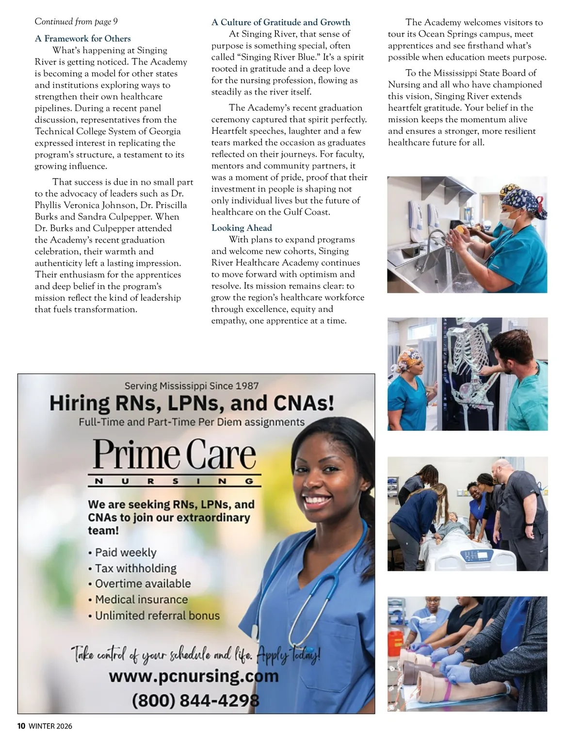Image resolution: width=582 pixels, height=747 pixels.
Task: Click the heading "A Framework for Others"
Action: tap(83, 39)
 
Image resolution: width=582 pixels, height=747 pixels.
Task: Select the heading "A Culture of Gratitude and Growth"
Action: tap(280, 22)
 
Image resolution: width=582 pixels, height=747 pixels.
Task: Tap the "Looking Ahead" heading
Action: tap(242, 228)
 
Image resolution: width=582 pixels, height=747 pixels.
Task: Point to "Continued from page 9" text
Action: tap(76, 21)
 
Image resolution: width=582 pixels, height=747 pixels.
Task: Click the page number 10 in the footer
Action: tap(21, 726)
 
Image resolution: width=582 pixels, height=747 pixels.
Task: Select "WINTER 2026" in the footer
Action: tap(50, 726)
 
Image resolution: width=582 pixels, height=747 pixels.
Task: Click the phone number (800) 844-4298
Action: tap(195, 700)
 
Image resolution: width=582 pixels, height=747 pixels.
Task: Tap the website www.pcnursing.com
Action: tap(194, 676)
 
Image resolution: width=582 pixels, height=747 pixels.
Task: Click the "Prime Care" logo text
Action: tap(175, 455)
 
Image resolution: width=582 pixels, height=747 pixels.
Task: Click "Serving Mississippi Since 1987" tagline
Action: tap(192, 386)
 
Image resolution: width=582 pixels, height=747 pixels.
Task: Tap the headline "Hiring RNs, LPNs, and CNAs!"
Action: tap(192, 403)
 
